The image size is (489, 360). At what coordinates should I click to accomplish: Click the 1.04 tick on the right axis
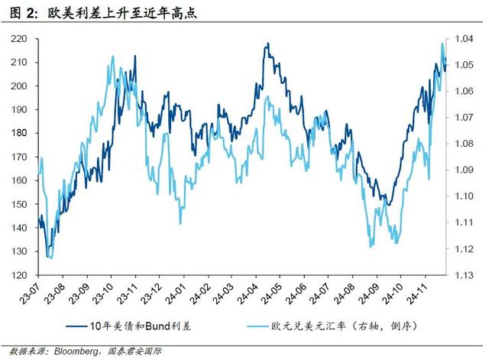click(465, 38)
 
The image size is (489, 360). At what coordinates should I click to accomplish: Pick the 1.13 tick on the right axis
click(465, 275)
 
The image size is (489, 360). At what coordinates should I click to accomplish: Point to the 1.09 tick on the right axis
click(465, 170)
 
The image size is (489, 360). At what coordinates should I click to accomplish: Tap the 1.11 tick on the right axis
click(465, 222)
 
